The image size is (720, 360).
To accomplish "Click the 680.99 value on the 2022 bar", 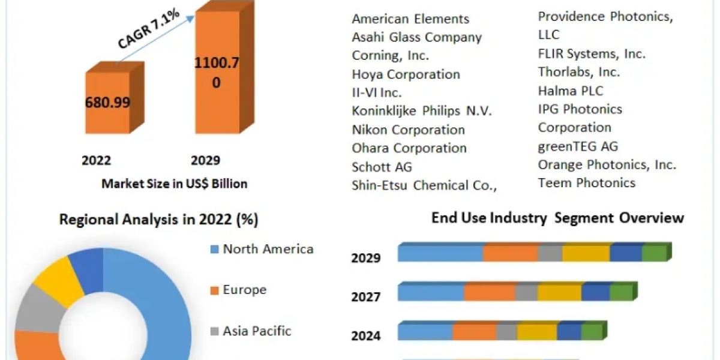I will click(108, 102).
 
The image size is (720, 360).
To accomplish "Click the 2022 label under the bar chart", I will click(97, 160).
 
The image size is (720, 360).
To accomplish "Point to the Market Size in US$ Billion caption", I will click(174, 184).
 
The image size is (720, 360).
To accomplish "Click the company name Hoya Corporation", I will click(406, 74).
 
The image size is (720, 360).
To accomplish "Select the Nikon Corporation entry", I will click(408, 130).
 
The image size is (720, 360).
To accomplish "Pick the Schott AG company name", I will click(382, 167).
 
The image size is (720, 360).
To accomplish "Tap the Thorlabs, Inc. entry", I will click(579, 72).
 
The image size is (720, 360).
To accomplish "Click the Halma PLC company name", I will click(571, 91).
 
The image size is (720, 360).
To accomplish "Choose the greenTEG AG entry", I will click(578, 146).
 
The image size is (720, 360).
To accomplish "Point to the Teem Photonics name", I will click(586, 182).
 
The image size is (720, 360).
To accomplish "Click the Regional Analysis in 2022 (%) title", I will click(158, 220).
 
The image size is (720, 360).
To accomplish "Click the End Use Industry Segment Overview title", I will click(557, 218).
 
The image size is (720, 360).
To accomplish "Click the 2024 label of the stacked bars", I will click(366, 335).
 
